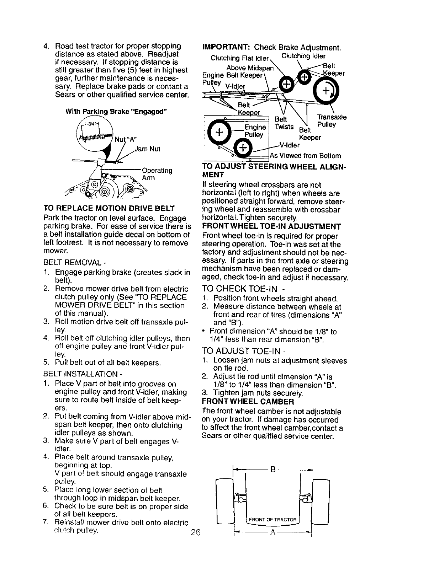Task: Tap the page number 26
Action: coord(196,532)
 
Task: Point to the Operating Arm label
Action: coord(157,174)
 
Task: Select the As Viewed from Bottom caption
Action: coord(305,156)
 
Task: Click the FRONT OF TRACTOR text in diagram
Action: coord(272,520)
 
